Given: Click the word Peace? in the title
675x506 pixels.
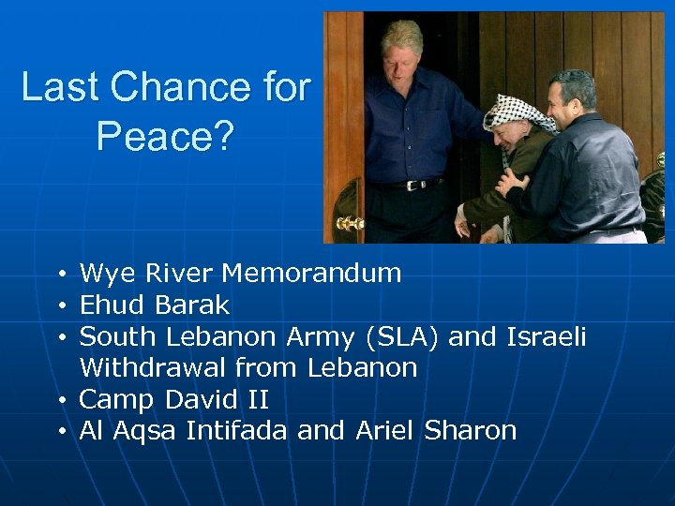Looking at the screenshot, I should tap(165, 137).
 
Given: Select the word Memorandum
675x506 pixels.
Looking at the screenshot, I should tap(311, 274).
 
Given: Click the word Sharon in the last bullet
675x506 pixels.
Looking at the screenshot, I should tap(471, 430).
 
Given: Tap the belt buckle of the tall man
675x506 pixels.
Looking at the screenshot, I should tap(410, 185).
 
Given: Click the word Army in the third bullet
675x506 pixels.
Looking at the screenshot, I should tap(317, 335).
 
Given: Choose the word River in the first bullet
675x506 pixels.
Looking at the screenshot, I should tap(180, 274).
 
